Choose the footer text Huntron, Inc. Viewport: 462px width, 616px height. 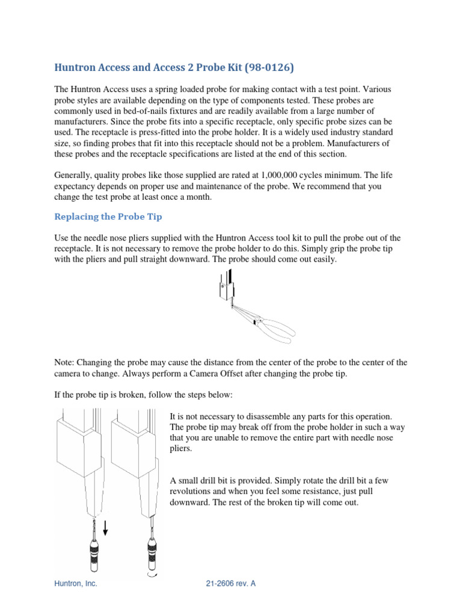pos(76,584)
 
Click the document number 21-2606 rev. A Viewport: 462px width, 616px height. pos(231,584)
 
